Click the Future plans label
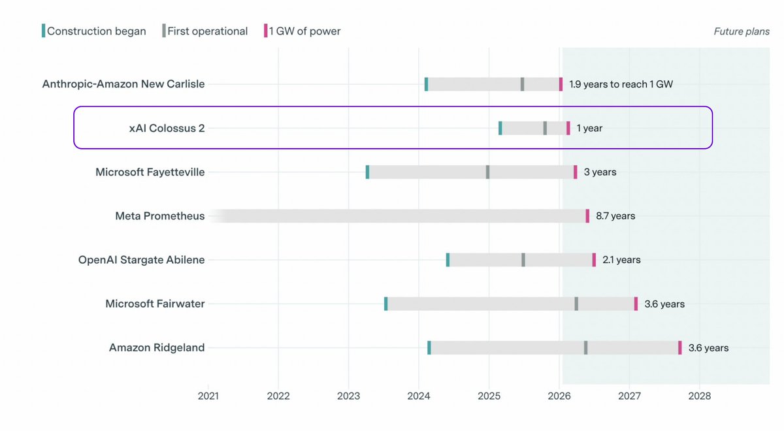pyautogui.click(x=742, y=31)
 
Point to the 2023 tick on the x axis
pyautogui.click(x=348, y=396)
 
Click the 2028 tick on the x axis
pyautogui.click(x=699, y=396)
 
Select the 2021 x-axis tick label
pyautogui.click(x=208, y=396)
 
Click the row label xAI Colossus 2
pyautogui.click(x=167, y=128)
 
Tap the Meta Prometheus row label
pyautogui.click(x=159, y=216)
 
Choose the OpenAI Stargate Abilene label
pyautogui.click(x=141, y=260)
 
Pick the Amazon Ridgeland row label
pyautogui.click(x=157, y=347)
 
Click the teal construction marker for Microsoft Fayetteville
pyautogui.click(x=367, y=172)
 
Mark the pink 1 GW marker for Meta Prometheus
pyautogui.click(x=587, y=216)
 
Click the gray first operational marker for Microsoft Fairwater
pyautogui.click(x=576, y=304)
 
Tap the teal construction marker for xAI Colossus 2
pyautogui.click(x=500, y=128)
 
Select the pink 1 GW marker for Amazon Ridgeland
pyautogui.click(x=679, y=347)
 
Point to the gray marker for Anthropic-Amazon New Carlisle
pyautogui.click(x=522, y=84)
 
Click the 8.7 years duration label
pyautogui.click(x=615, y=216)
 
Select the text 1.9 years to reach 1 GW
pyautogui.click(x=621, y=84)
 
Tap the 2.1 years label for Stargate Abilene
pyautogui.click(x=621, y=260)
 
